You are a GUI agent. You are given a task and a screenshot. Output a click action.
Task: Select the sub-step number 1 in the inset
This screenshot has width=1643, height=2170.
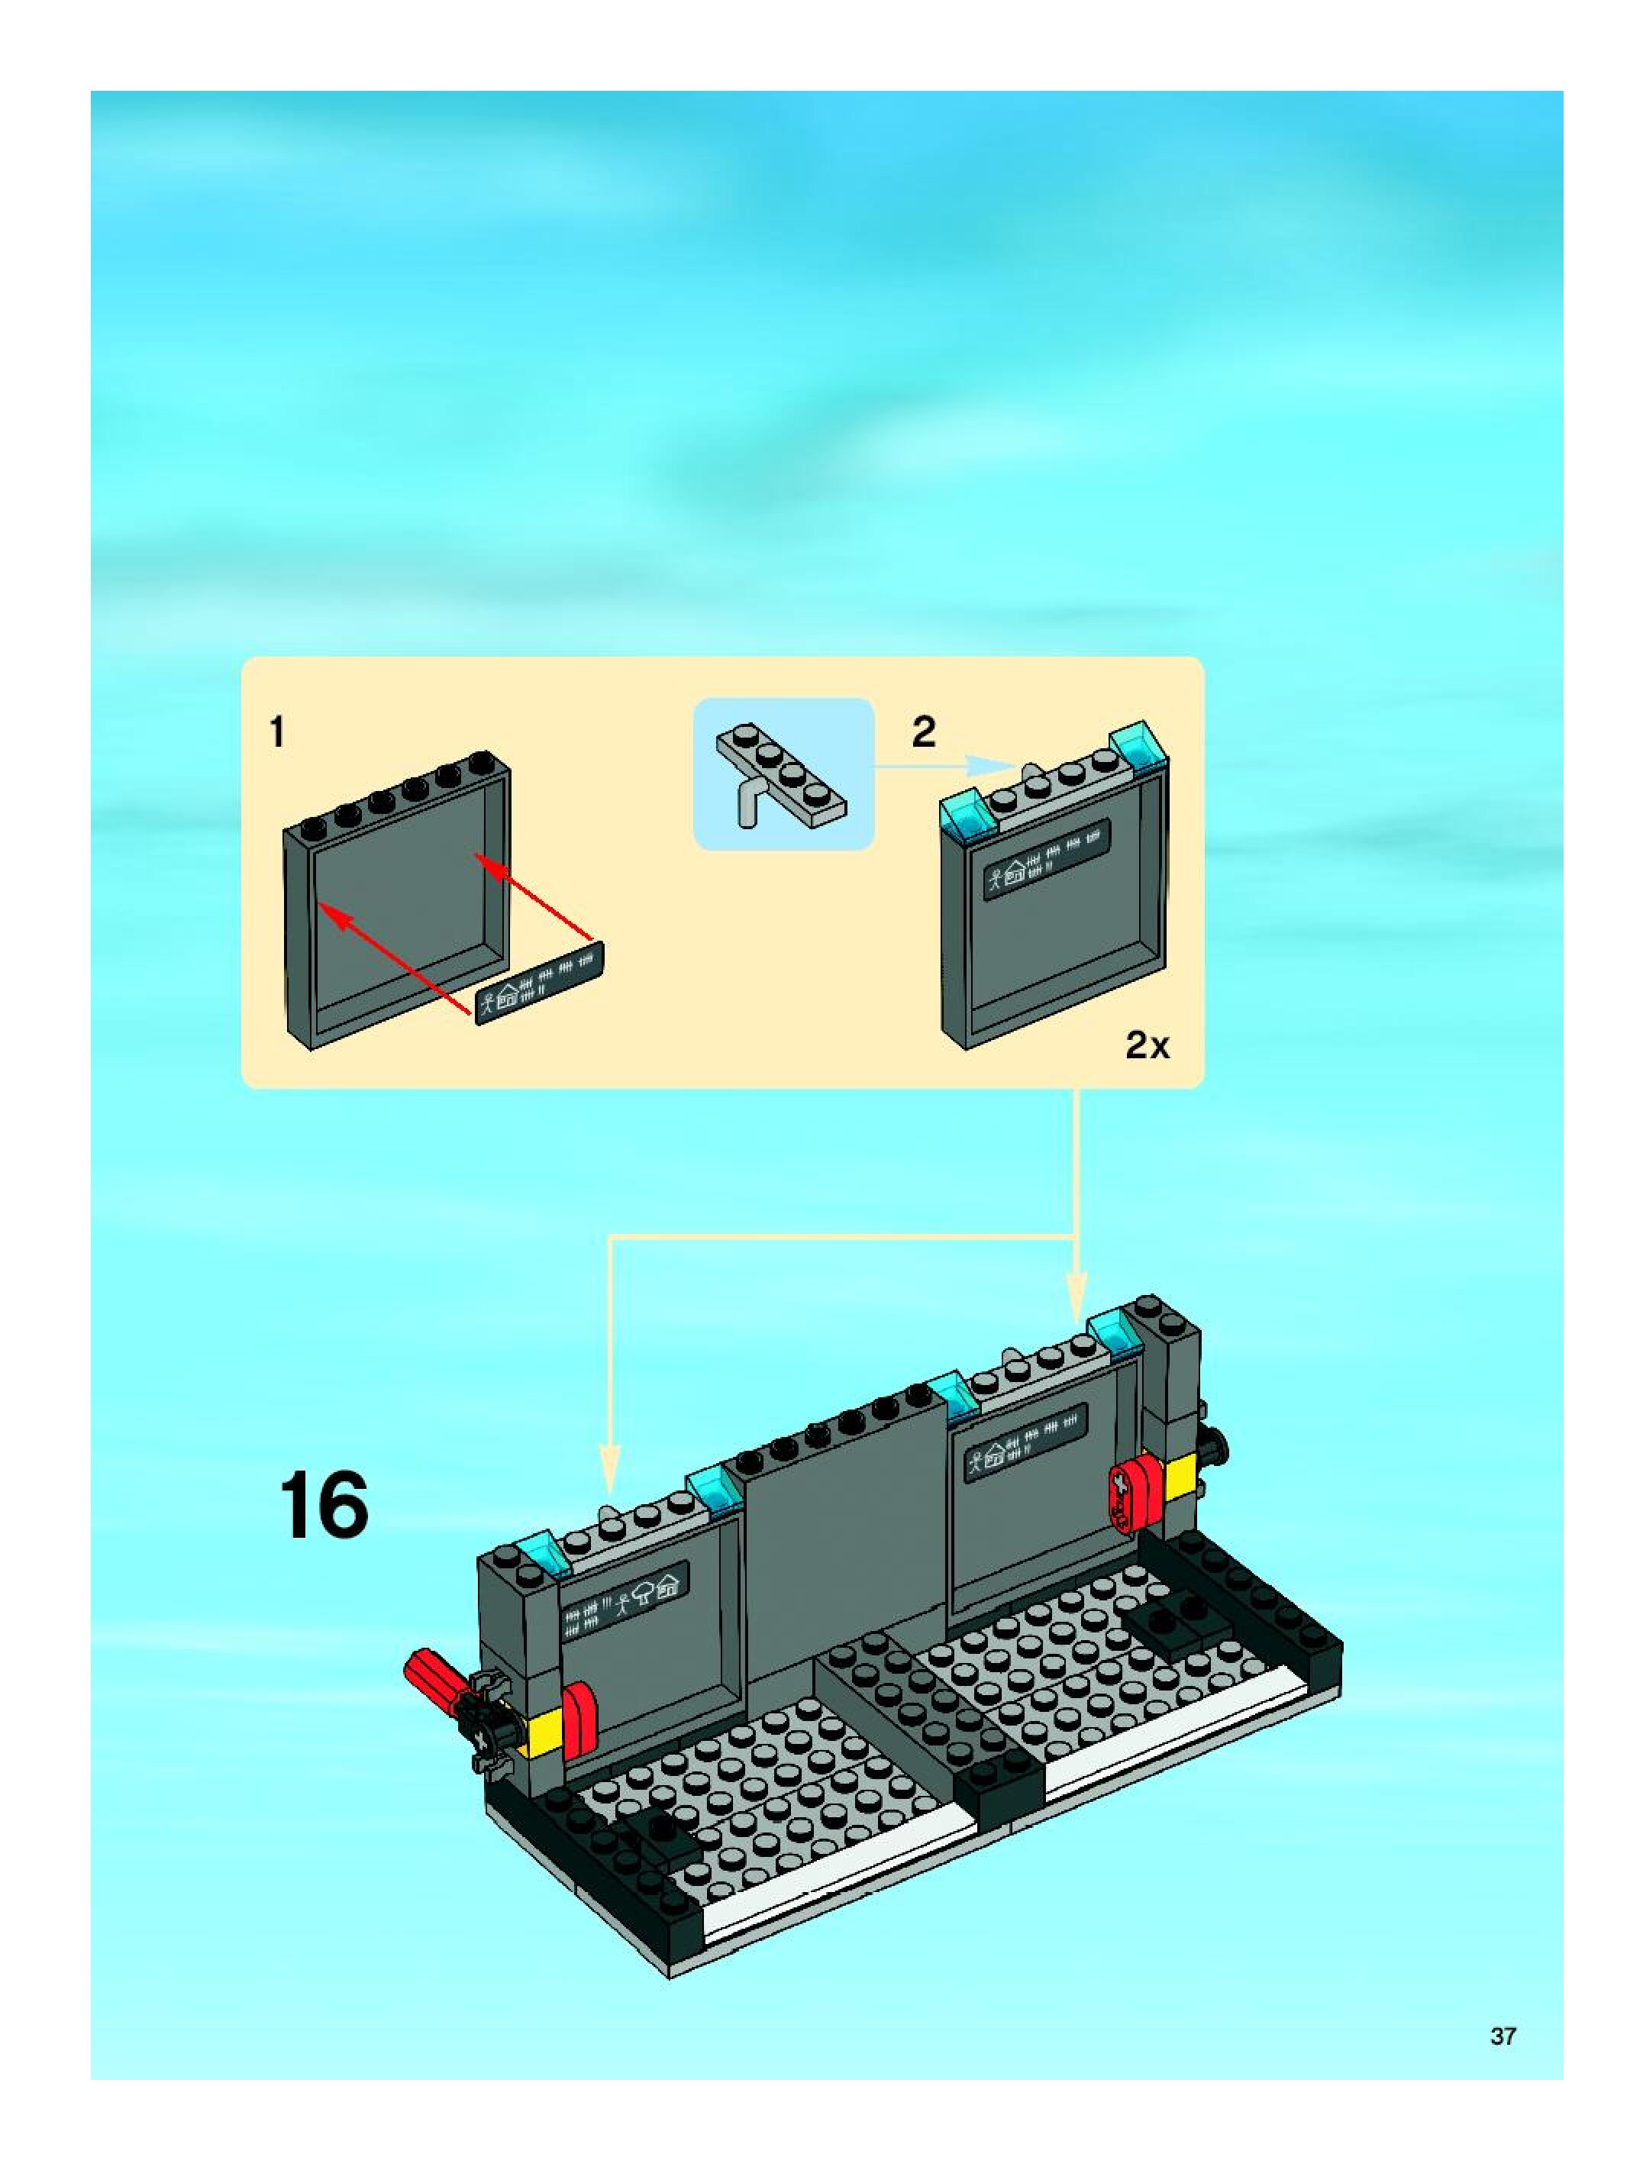click(x=278, y=731)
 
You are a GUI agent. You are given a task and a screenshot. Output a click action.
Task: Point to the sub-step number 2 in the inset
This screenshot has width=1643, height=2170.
click(x=924, y=731)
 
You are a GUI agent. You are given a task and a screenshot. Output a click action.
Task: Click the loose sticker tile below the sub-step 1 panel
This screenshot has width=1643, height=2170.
click(x=540, y=984)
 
